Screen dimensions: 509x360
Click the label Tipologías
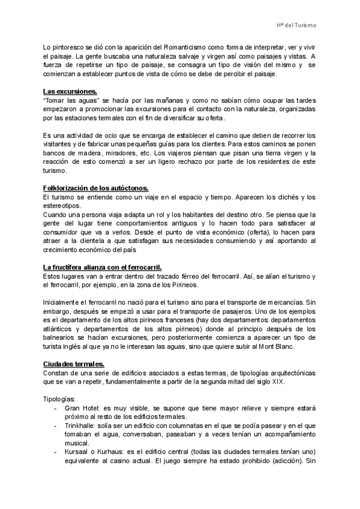pos(60,399)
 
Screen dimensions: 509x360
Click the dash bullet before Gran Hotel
pos(55,408)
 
